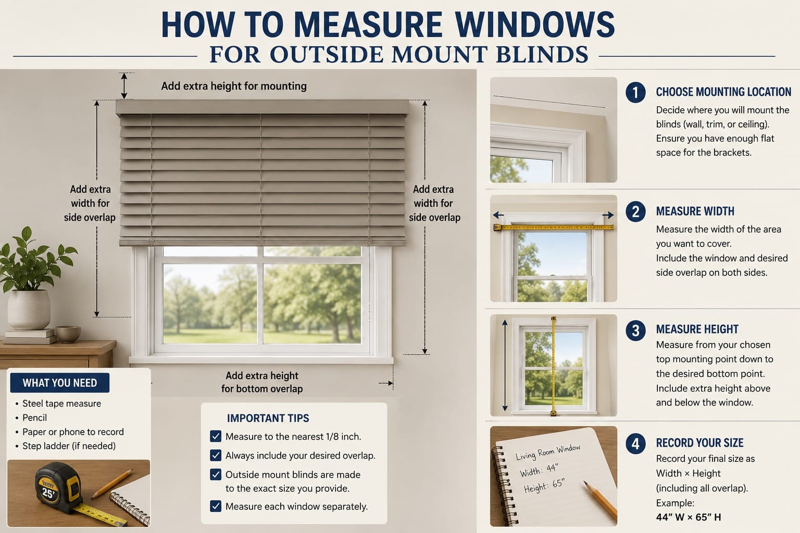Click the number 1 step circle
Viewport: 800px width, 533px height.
coord(635,93)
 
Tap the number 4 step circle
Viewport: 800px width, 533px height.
coord(635,444)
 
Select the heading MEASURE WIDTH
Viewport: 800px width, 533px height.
coord(695,211)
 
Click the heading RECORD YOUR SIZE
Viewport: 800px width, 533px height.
coord(699,443)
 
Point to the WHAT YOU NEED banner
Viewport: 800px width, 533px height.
coord(60,383)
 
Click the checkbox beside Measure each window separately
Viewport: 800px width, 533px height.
coord(215,506)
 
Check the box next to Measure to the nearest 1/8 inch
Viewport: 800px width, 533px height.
coord(215,436)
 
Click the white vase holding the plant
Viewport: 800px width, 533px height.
coord(29,309)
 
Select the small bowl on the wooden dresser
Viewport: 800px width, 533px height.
coord(68,334)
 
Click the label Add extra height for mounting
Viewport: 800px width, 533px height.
coord(233,86)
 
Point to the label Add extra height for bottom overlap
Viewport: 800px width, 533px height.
coord(262,382)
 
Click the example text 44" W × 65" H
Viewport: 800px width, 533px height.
coord(688,517)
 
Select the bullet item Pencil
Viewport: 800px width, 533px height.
coord(35,417)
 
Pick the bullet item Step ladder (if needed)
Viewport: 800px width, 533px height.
coord(69,446)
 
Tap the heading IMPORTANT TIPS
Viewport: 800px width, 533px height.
coord(268,418)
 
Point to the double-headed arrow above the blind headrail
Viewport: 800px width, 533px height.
coord(124,86)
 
